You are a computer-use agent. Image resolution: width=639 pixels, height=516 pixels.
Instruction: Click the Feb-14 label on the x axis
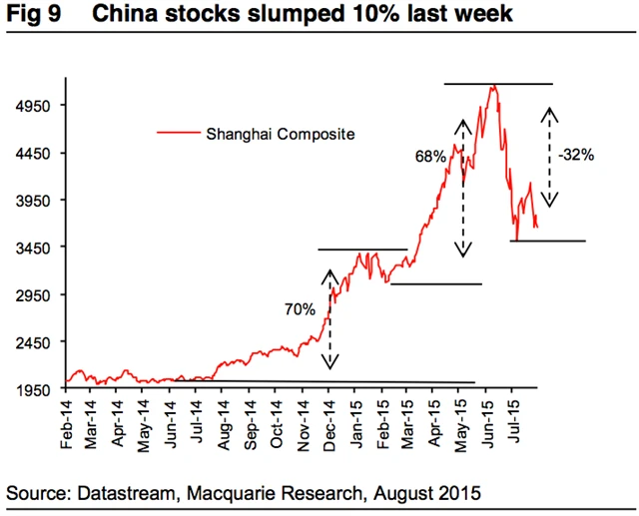coord(67,423)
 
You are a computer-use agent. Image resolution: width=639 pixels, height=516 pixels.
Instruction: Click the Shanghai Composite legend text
coord(280,133)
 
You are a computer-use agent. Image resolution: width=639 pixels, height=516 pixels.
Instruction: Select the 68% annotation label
coord(430,157)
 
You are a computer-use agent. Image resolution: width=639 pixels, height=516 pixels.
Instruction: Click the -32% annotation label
coord(578,155)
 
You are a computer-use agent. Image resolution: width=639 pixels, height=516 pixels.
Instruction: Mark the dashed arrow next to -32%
coord(548,157)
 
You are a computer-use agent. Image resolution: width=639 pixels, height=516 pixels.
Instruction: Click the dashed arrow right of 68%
coord(462,188)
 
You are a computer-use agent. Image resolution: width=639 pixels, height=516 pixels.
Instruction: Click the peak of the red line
coord(492,87)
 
